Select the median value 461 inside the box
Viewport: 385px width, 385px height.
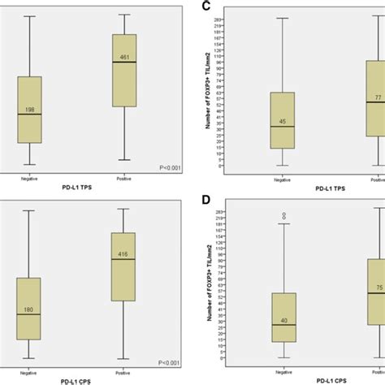[x=124, y=57]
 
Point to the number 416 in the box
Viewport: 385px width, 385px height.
[x=124, y=253]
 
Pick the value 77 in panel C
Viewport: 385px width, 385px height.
[x=377, y=97]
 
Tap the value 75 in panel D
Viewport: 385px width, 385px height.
[x=377, y=287]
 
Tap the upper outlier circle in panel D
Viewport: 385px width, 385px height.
[x=283, y=214]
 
